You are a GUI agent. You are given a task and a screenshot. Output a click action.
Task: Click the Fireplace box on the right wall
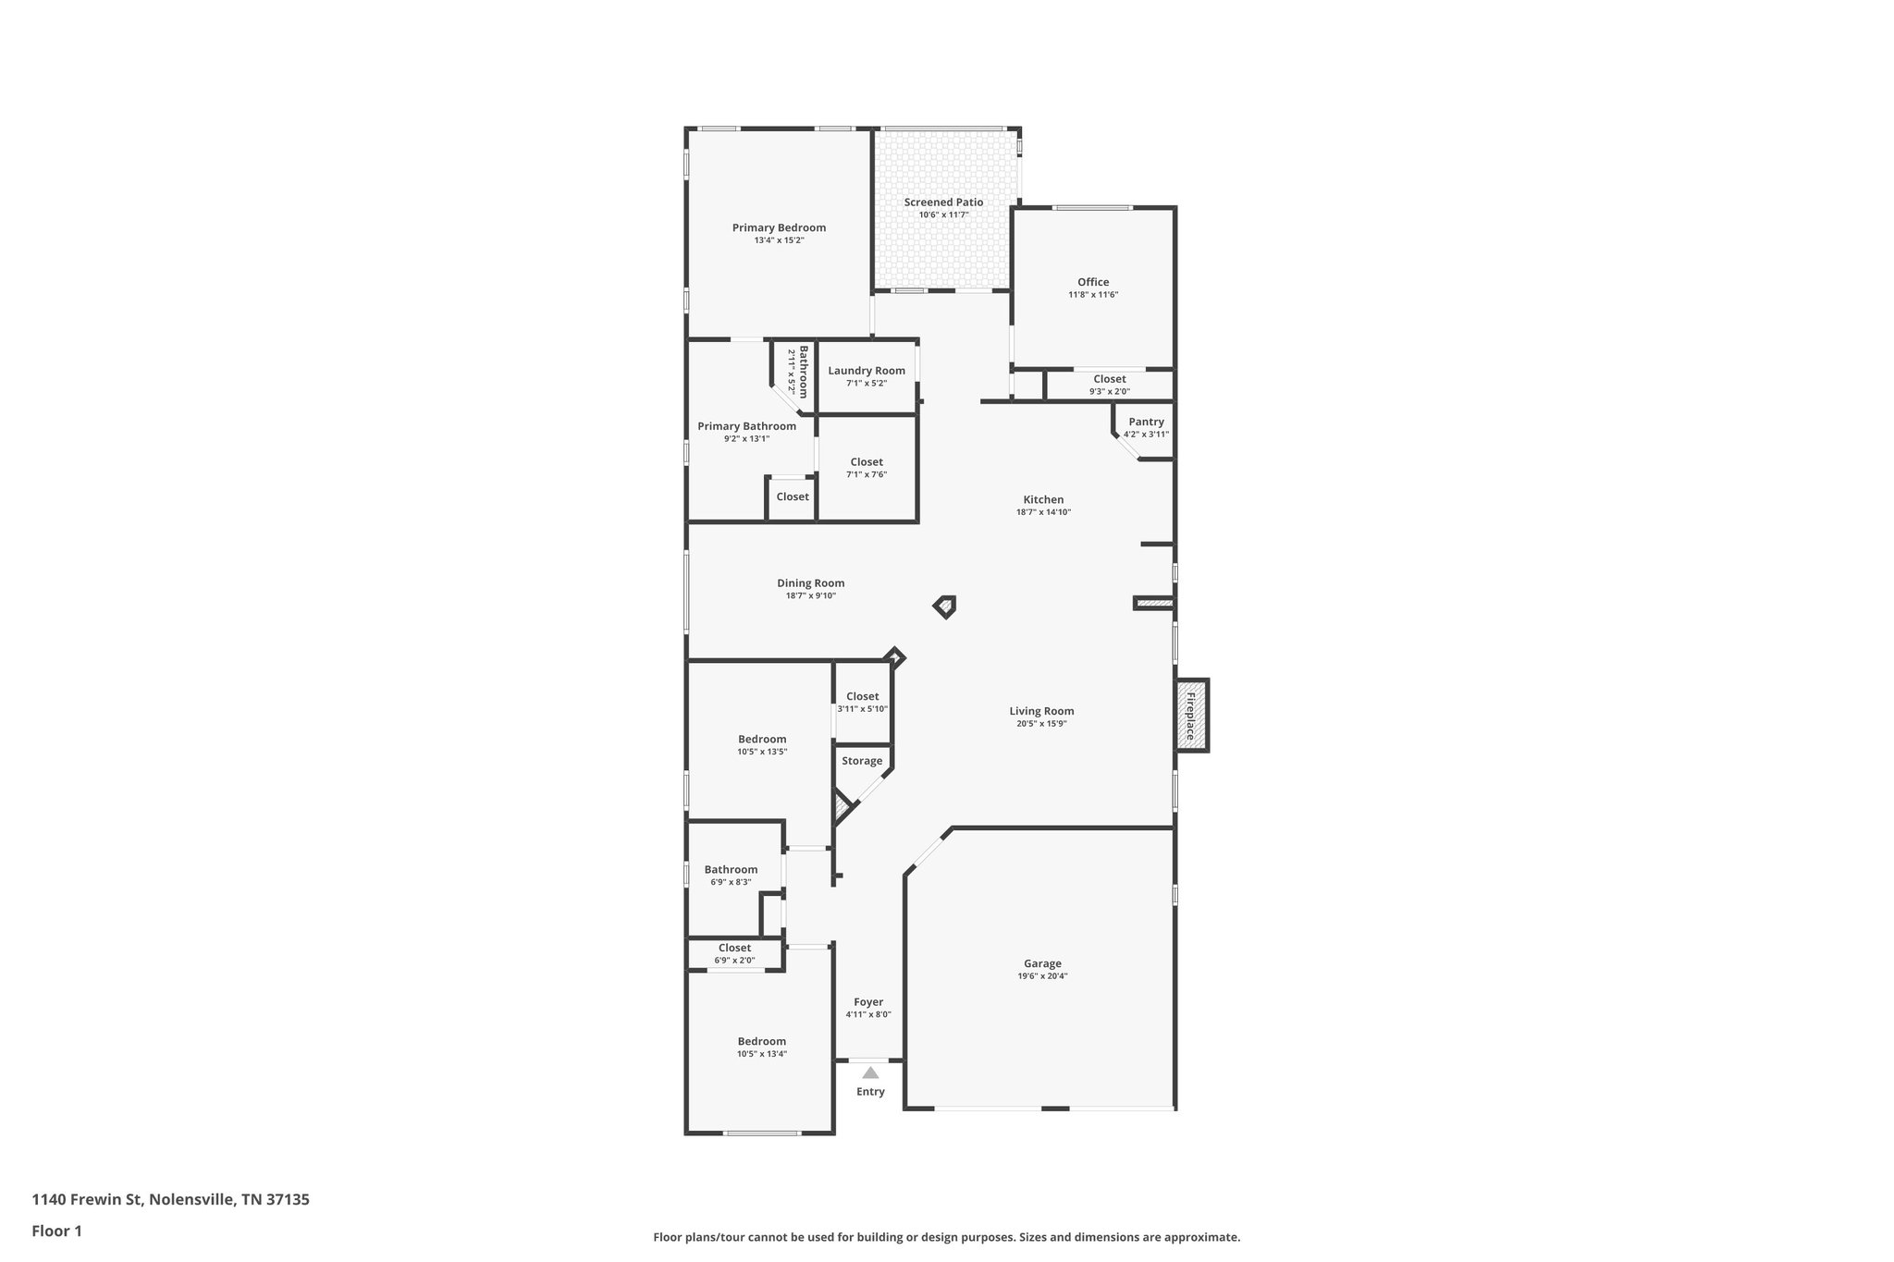pos(1191,715)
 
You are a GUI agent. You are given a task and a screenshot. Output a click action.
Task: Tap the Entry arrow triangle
pos(870,1073)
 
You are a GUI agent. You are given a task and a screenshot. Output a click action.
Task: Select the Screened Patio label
pos(943,202)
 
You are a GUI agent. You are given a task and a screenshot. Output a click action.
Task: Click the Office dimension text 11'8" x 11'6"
pos(1093,295)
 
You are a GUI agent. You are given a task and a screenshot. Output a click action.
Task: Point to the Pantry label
pos(1146,422)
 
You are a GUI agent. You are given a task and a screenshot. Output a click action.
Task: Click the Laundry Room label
pos(867,371)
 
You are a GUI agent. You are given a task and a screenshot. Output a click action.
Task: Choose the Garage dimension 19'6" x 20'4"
pos(1042,976)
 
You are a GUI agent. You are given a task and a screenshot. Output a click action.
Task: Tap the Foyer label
pos(868,1002)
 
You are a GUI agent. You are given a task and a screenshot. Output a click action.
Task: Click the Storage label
pos(862,761)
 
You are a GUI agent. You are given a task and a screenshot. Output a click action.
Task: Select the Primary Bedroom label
pos(779,227)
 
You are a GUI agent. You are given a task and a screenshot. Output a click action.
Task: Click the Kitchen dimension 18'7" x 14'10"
pos(1043,512)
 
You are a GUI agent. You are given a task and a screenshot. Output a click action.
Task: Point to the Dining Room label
pos(810,583)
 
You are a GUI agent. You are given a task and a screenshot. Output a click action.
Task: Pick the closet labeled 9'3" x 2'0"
pos(1109,385)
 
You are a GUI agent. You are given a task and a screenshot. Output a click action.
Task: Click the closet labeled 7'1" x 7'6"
pos(867,468)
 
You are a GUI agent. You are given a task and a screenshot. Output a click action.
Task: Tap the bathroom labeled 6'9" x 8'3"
pos(731,876)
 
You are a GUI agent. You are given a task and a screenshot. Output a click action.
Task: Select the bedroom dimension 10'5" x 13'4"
pos(762,1054)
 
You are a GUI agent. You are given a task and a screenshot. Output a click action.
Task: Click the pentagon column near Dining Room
pos(944,606)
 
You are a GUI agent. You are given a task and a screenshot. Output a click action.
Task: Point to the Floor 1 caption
pos(56,1231)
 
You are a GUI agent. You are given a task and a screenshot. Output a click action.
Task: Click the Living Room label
pos(1041,711)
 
